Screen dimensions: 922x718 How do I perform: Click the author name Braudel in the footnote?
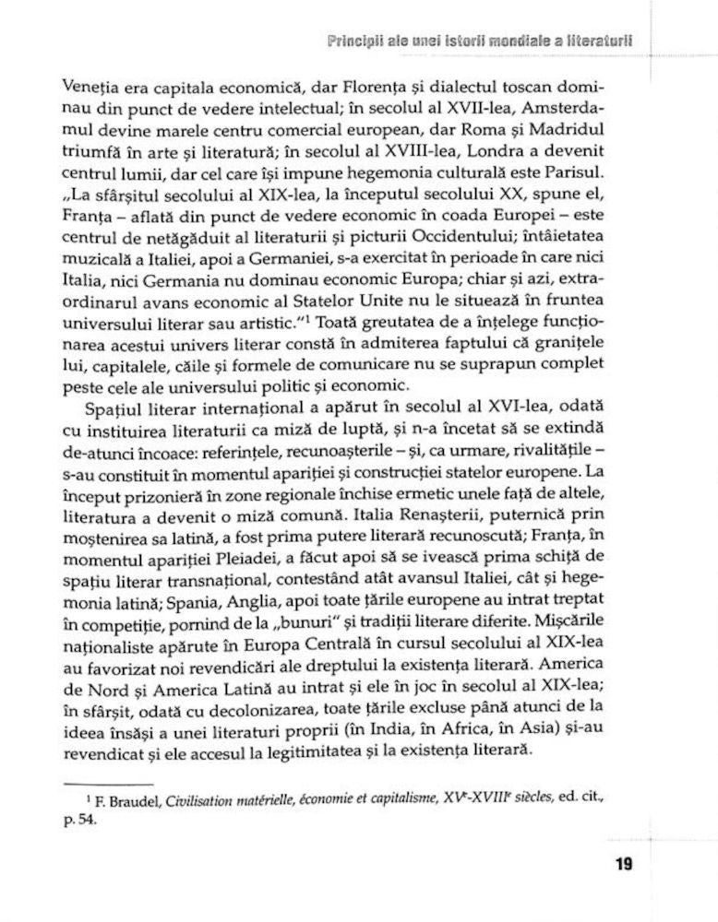[131, 798]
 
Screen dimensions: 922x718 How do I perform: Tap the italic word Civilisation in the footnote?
[209, 798]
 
